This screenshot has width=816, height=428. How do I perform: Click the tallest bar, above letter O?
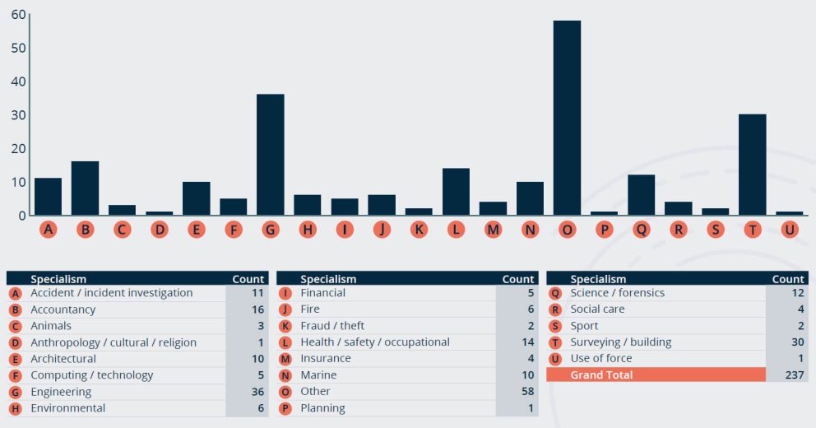point(567,118)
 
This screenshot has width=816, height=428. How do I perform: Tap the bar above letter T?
point(752,165)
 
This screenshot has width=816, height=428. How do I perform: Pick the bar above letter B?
point(85,188)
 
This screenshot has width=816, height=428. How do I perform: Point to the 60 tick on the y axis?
point(16,15)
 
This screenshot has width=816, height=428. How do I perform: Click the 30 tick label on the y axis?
point(16,115)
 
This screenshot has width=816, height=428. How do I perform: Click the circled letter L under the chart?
point(456,230)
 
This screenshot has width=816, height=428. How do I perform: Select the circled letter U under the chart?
point(790,230)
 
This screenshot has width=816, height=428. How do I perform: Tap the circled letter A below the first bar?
point(48,230)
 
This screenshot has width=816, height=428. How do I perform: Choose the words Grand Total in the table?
point(601,375)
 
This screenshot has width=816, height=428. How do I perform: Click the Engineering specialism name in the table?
point(61,392)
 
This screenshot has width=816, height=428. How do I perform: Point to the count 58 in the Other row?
point(526,392)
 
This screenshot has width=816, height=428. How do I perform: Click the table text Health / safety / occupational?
point(375,342)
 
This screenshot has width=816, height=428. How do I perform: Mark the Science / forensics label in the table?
point(617,293)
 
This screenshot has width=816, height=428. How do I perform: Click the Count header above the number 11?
point(248,279)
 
